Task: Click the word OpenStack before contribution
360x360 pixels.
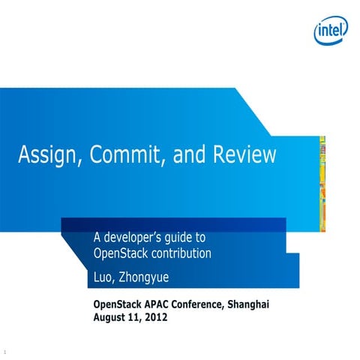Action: click(119, 253)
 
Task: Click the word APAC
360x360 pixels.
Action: click(157, 304)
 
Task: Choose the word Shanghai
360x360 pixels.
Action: click(247, 304)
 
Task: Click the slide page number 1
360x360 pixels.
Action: click(5, 351)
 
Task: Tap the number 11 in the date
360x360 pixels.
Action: click(134, 317)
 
